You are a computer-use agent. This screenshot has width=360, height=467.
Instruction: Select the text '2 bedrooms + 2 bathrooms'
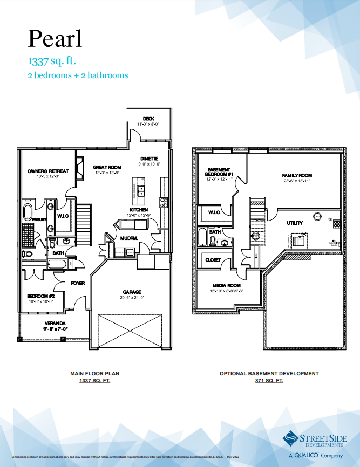click(x=78, y=75)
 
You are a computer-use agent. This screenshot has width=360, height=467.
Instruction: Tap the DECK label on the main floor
click(x=149, y=119)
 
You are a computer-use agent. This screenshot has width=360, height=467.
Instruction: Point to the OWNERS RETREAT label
click(x=48, y=171)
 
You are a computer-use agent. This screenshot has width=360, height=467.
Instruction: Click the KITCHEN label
click(x=139, y=210)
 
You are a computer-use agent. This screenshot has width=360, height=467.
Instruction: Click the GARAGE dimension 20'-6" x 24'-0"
click(x=132, y=297)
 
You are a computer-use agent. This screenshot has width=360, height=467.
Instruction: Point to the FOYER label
click(x=78, y=283)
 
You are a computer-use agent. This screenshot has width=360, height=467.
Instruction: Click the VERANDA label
click(x=56, y=324)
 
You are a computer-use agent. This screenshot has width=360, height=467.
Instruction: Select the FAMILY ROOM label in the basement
click(x=297, y=176)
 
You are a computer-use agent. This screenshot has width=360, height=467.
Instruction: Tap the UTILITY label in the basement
click(x=295, y=223)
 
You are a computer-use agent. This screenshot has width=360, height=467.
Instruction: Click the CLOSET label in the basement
click(x=213, y=260)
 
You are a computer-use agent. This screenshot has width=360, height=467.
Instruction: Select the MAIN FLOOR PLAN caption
click(x=94, y=373)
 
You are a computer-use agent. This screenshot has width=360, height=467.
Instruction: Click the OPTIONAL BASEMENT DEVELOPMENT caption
click(x=269, y=373)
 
